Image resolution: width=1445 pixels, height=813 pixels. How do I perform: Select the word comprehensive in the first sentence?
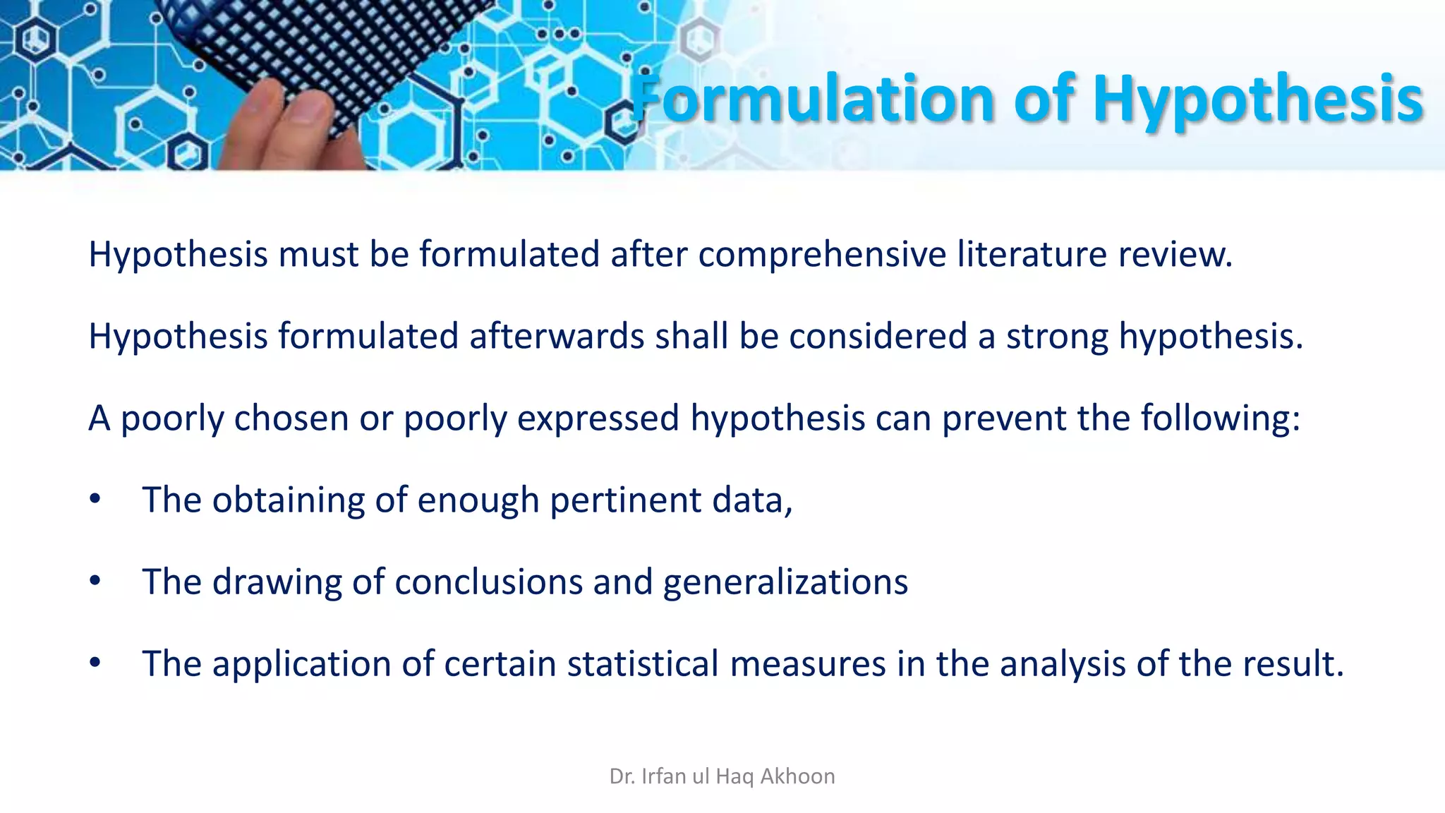[822, 254]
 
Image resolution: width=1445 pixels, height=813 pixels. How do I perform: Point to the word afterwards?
[557, 336]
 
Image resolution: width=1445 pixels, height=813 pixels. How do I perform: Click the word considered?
[878, 336]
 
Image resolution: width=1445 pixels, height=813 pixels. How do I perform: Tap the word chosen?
[291, 418]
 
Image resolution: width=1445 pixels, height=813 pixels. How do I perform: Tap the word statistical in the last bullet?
[642, 664]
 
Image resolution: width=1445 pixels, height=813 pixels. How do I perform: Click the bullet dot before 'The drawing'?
[95, 581]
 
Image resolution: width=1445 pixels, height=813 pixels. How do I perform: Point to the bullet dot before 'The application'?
[95, 663]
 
